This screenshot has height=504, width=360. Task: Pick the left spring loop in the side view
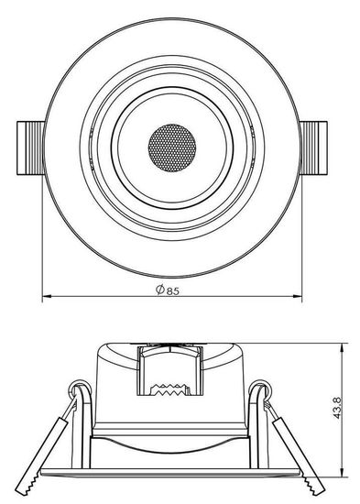(82, 397)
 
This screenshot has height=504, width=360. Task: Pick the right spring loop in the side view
(261, 397)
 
